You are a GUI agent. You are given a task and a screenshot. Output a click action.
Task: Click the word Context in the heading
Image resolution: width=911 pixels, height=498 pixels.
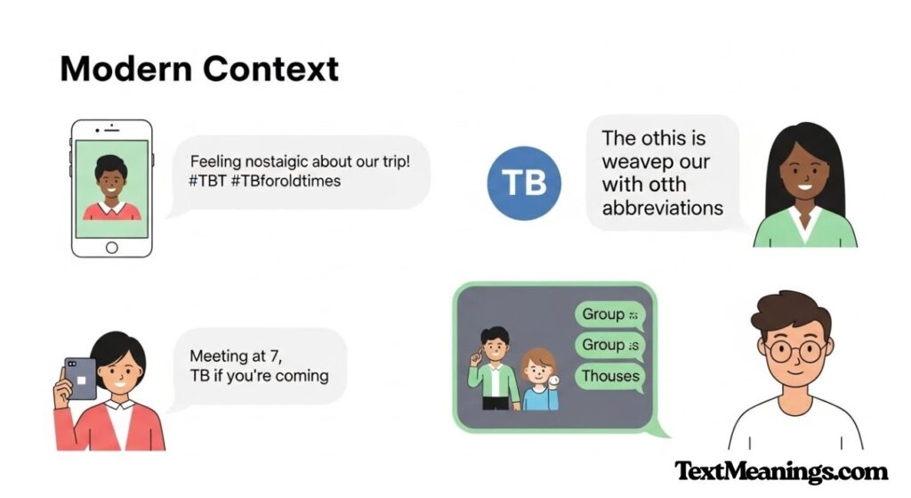[x=267, y=69]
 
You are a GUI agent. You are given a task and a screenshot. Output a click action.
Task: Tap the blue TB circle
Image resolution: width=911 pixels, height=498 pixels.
[x=523, y=183]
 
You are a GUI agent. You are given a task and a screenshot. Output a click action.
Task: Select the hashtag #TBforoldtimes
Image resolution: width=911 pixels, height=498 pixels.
[x=282, y=181]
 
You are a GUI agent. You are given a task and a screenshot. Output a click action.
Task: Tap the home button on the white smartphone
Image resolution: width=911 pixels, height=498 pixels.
[x=111, y=247]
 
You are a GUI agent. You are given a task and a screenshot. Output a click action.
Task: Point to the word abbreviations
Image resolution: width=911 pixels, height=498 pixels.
[x=663, y=208]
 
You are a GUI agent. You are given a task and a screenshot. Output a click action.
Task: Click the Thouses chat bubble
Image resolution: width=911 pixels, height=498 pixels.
[x=609, y=376]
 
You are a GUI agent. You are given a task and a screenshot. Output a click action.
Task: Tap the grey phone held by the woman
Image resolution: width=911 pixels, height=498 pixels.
[x=81, y=380]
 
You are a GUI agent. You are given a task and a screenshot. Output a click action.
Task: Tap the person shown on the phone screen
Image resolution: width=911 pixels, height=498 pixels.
[x=111, y=188]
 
